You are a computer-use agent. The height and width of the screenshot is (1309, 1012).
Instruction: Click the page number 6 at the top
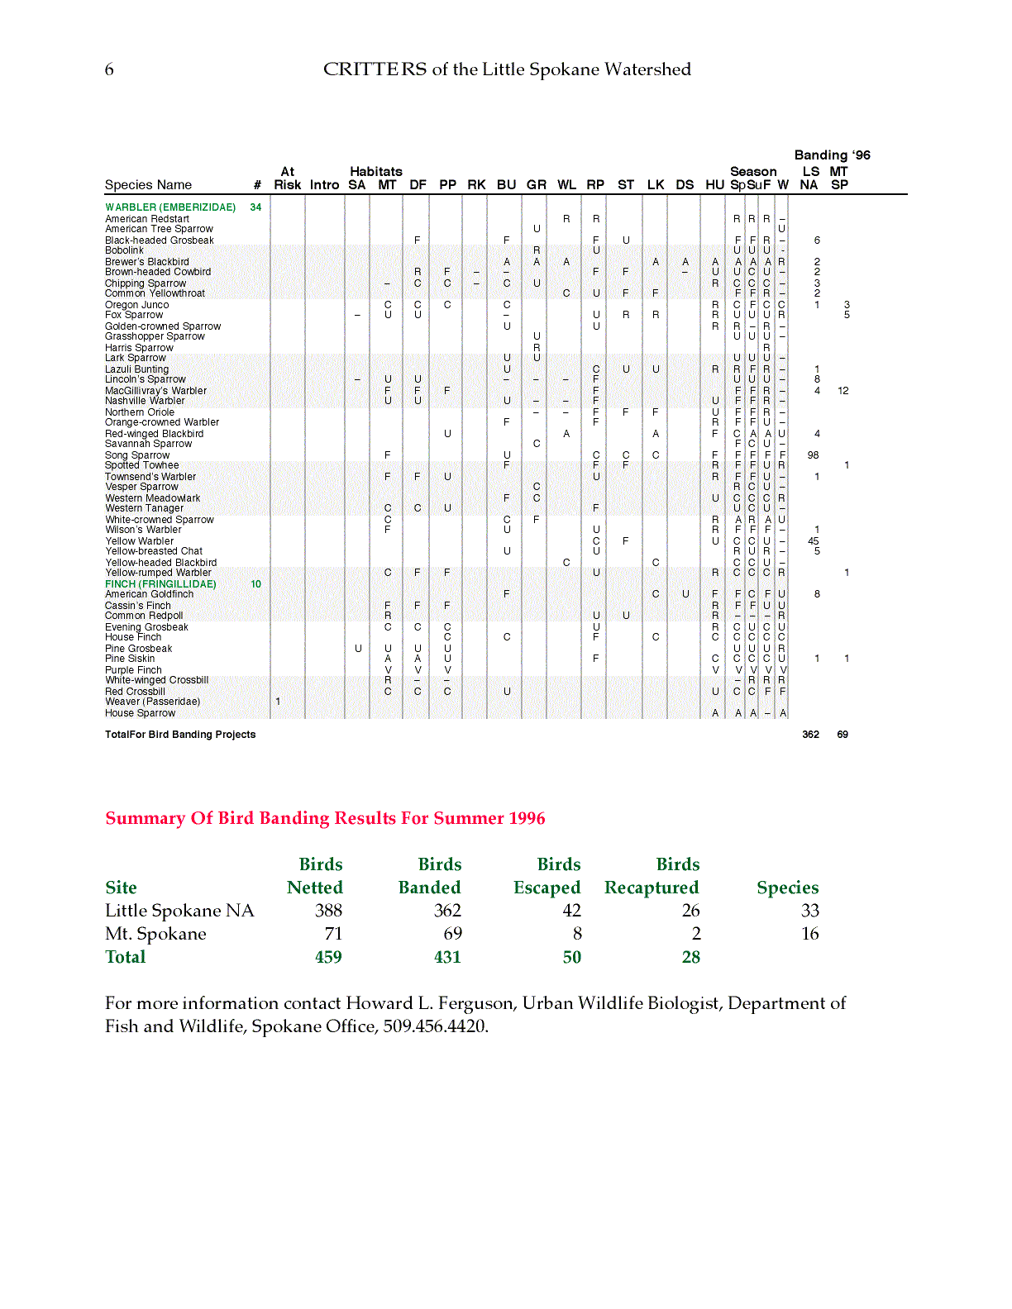(109, 69)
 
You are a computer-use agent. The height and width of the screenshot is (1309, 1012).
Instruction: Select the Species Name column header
(148, 185)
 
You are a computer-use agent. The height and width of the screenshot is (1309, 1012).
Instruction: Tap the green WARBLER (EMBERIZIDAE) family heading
(170, 207)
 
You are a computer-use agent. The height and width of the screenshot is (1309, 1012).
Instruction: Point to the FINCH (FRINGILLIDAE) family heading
(160, 584)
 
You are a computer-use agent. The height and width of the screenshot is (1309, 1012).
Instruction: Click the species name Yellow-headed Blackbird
(160, 563)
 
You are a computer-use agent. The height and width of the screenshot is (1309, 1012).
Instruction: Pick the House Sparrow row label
(140, 713)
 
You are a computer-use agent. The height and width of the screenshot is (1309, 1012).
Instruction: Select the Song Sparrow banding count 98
(814, 455)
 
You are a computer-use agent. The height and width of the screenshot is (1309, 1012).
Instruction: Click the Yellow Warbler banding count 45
(814, 541)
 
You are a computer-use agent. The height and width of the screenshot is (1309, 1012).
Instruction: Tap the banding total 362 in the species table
(810, 735)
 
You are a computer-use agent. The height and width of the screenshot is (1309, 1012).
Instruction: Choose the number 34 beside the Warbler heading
(255, 207)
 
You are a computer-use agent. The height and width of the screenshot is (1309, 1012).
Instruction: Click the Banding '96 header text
(832, 155)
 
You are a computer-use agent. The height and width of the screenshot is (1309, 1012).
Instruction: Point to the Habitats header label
(375, 172)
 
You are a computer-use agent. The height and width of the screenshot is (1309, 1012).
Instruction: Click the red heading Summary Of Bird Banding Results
(325, 818)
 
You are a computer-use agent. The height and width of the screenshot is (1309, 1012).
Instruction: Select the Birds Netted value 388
(328, 911)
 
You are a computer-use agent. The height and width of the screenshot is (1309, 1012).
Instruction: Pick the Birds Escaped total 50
(571, 957)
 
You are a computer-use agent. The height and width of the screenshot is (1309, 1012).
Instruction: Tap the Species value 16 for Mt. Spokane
(809, 934)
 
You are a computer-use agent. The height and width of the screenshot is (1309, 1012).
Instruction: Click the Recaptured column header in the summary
(652, 888)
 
